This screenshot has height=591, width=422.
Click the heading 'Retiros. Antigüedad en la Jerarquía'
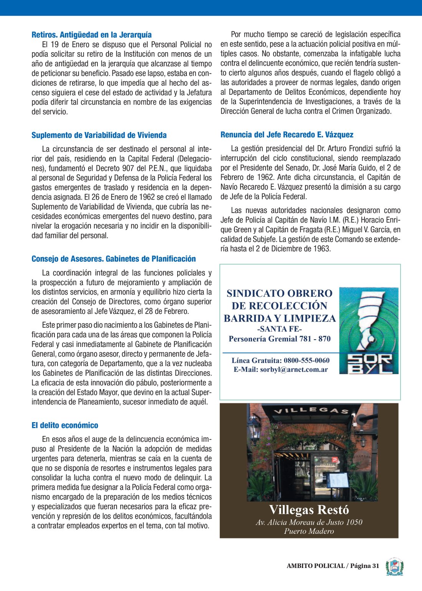pyautogui.click(x=91, y=35)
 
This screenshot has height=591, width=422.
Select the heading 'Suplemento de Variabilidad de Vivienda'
pyautogui.click(x=99, y=135)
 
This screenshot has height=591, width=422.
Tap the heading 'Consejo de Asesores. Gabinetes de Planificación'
pyautogui.click(x=114, y=259)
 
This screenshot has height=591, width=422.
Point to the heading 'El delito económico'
pyautogui.click(x=65, y=425)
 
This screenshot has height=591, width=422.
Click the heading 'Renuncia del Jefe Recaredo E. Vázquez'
pyautogui.click(x=287, y=135)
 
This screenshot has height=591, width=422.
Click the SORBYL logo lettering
pyautogui.click(x=369, y=364)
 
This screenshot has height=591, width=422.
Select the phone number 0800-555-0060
pyautogui.click(x=307, y=360)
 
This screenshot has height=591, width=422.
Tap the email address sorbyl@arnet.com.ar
pyautogui.click(x=294, y=370)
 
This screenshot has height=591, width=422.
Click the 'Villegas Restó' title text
pyautogui.click(x=309, y=510)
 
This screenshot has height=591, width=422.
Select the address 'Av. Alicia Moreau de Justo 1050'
pyautogui.click(x=309, y=522)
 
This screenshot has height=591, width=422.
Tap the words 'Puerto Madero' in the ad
pyautogui.click(x=309, y=531)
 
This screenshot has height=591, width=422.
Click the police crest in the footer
pyautogui.click(x=394, y=567)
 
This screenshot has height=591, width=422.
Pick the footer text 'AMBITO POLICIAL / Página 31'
pyautogui.click(x=333, y=566)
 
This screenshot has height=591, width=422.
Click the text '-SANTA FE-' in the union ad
pyautogui.click(x=279, y=329)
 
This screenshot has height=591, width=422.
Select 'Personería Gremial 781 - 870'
pyautogui.click(x=279, y=338)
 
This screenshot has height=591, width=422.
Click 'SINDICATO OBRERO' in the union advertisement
pyautogui.click(x=279, y=293)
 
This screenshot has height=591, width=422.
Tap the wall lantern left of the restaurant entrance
pyautogui.click(x=254, y=426)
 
